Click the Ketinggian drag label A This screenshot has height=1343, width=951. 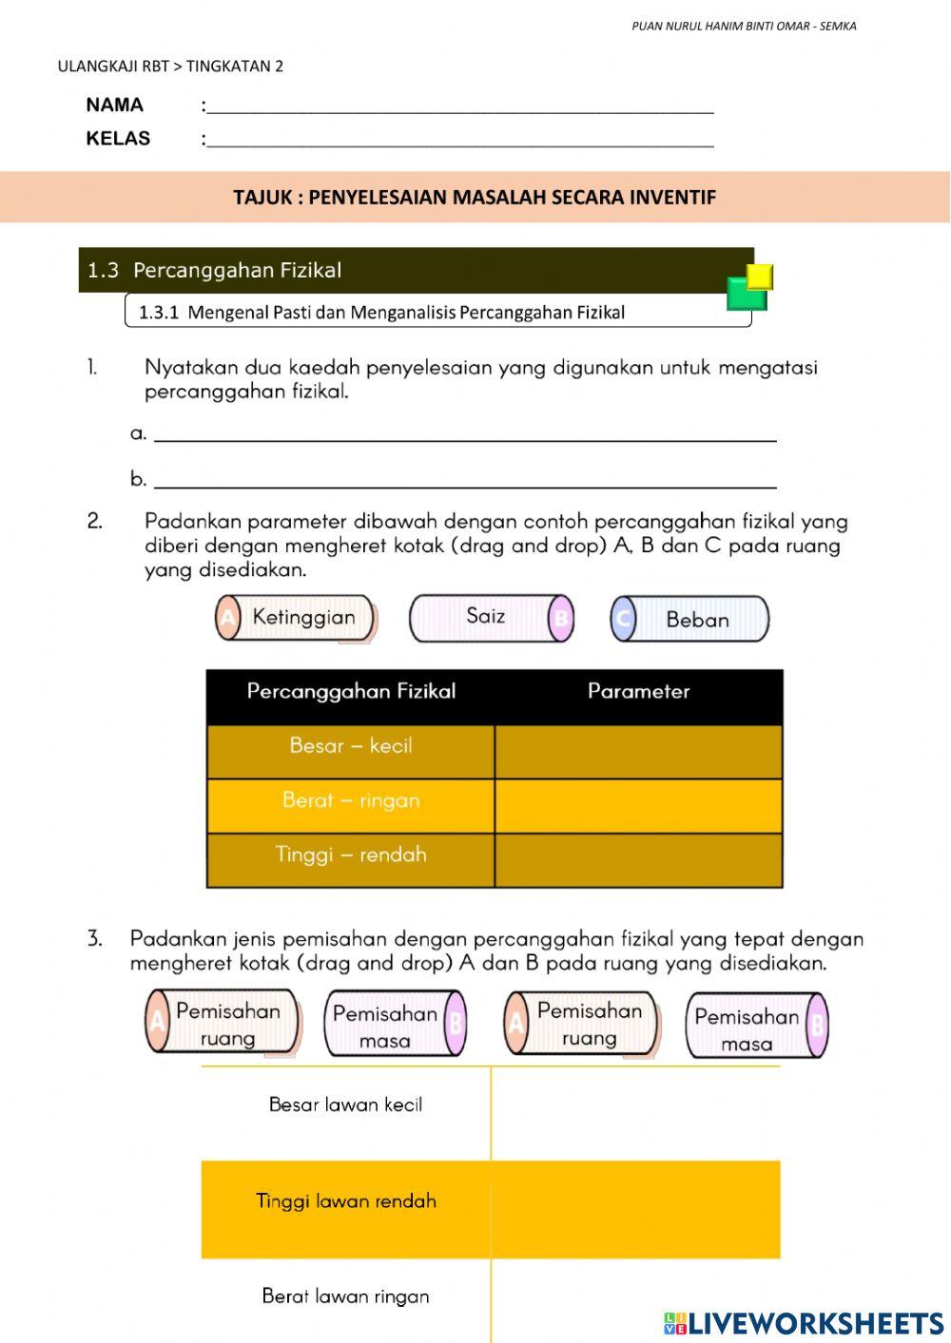click(x=296, y=618)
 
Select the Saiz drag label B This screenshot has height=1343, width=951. click(x=492, y=618)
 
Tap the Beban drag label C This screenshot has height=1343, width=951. click(x=689, y=620)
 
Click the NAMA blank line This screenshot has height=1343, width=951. click(x=460, y=106)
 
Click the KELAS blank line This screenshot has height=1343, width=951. click(x=460, y=140)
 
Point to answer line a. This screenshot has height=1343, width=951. click(x=465, y=435)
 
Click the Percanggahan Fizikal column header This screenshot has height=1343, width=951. click(x=351, y=692)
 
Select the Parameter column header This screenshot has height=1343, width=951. click(x=638, y=692)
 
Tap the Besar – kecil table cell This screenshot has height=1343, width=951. click(x=351, y=746)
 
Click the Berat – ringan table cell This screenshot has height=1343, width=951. click(x=351, y=801)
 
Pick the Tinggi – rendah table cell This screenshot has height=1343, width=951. click(x=351, y=855)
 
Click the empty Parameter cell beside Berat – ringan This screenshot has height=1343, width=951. click(x=638, y=806)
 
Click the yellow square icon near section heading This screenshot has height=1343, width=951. click(x=760, y=277)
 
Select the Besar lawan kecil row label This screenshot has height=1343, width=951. click(x=345, y=1105)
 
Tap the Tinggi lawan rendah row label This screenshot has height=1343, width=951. click(x=346, y=1201)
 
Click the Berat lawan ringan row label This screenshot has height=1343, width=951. click(x=346, y=1297)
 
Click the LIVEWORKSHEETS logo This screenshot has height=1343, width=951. click(x=804, y=1323)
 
